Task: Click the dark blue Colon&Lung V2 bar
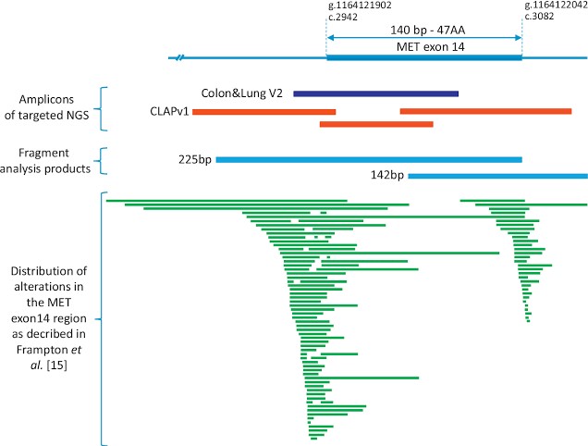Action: (375, 93)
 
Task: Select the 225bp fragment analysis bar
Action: (369, 159)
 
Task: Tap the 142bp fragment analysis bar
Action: (497, 176)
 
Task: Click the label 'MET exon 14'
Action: (424, 46)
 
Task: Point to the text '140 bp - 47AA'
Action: (424, 29)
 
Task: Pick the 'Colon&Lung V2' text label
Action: (243, 93)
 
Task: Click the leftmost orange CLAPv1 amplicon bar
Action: (263, 111)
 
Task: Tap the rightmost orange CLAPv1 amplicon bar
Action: (485, 111)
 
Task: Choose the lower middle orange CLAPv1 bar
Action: (375, 123)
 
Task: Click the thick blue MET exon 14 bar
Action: (424, 57)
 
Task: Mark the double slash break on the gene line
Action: (182, 58)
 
